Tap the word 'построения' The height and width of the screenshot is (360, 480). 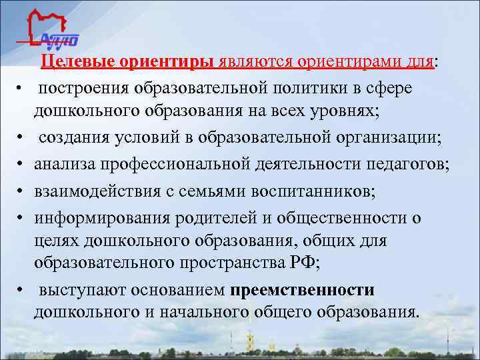(x=83, y=88)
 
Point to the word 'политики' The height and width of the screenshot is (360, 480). (x=331, y=88)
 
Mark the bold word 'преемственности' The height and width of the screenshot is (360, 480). (x=303, y=290)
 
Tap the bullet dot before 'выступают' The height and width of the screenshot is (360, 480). (x=22, y=291)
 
